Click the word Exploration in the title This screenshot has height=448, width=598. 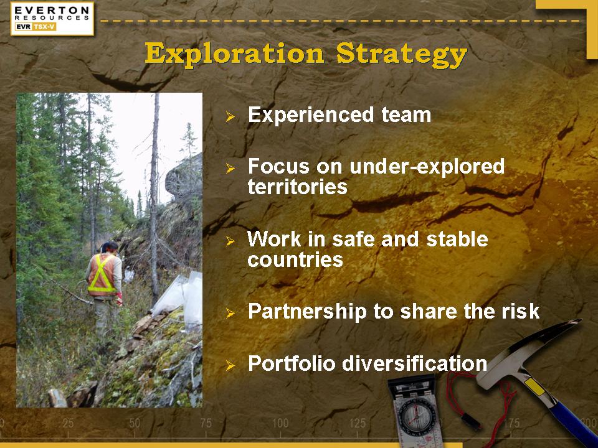click(x=235, y=54)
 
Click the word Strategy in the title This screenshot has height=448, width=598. click(x=402, y=55)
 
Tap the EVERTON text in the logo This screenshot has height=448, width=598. click(x=52, y=11)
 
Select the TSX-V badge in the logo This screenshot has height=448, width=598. click(x=44, y=27)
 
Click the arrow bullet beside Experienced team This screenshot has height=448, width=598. click(x=230, y=116)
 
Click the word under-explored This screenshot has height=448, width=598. click(x=427, y=167)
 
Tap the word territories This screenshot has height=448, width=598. click(x=298, y=187)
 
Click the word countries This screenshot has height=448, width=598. click(x=295, y=260)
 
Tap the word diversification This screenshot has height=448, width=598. click(x=415, y=363)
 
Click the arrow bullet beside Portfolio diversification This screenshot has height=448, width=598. click(x=230, y=366)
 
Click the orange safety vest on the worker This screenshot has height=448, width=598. click(x=102, y=275)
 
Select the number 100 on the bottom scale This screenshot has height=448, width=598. click(x=280, y=423)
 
